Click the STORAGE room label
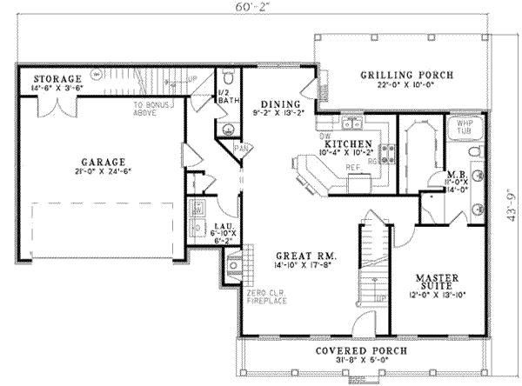click(x=51, y=78)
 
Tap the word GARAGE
click(x=101, y=161)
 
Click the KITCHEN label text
click(x=350, y=143)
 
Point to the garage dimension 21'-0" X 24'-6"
click(x=101, y=173)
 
